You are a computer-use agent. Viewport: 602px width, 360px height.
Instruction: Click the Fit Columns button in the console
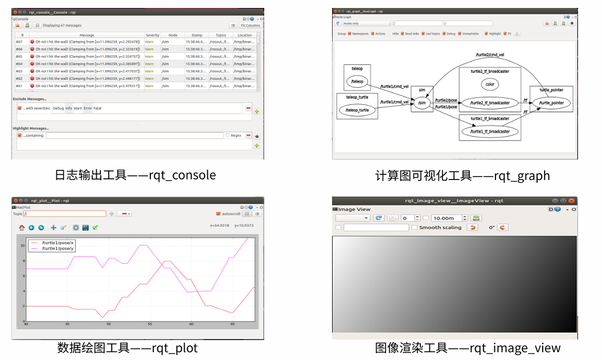tap(250, 25)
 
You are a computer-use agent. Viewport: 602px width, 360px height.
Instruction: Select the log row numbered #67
tap(85, 42)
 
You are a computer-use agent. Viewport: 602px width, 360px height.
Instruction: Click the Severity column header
tap(152, 35)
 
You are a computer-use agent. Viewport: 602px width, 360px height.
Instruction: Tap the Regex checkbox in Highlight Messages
tap(227, 136)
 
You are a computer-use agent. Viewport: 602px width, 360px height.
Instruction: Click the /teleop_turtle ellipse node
tap(357, 109)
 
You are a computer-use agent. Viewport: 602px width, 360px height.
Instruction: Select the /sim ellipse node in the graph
tap(422, 103)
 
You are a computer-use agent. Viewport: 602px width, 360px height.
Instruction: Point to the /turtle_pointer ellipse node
tap(551, 103)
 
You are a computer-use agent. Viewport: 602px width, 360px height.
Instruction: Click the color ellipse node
tap(489, 84)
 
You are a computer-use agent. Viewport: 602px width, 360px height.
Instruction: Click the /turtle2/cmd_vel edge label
tap(490, 55)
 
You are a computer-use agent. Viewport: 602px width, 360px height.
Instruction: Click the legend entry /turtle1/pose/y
tap(57, 248)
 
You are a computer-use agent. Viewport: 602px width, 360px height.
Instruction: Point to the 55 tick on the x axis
tap(150, 324)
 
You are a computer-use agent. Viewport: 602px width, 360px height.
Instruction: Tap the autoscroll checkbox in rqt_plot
tap(218, 214)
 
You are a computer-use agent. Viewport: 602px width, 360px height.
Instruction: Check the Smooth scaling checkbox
tap(414, 227)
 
